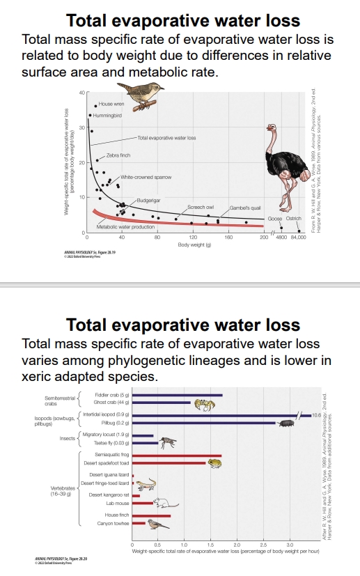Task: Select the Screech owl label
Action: [x=201, y=208]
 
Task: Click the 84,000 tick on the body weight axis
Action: [x=298, y=238]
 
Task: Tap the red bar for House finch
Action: [x=151, y=515]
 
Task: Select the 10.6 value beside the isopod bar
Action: [x=316, y=415]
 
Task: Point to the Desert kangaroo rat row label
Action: [x=107, y=495]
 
